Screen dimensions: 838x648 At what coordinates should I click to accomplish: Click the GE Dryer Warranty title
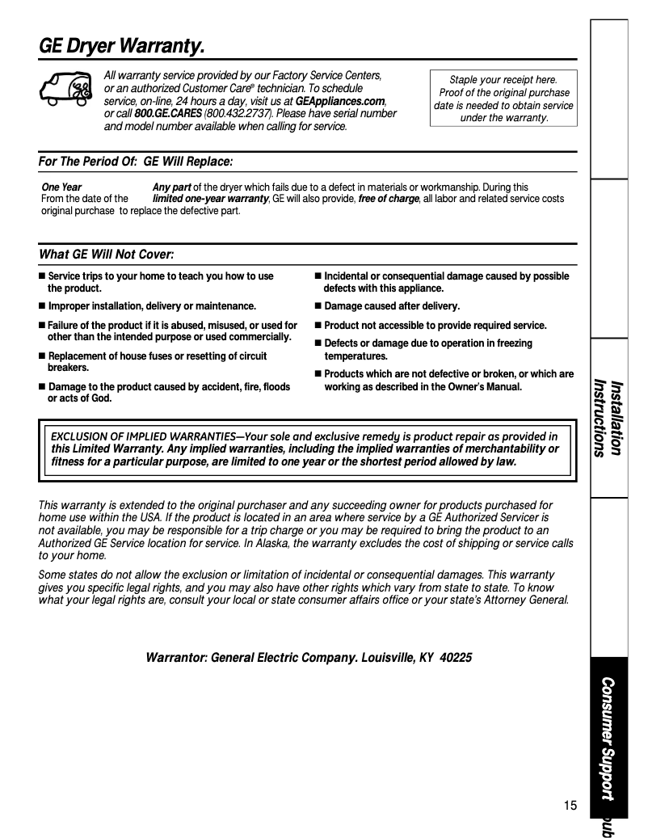tap(121, 48)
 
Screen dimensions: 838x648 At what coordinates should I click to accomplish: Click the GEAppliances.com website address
tap(340, 101)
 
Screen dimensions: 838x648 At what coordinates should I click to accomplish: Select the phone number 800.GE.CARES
tap(168, 114)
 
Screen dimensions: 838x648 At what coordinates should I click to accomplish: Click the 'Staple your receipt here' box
tap(503, 99)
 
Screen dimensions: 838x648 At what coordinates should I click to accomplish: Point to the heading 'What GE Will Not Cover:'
tap(107, 255)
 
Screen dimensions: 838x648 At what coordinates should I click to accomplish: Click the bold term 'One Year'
tap(61, 187)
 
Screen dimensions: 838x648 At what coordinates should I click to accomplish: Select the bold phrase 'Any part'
tap(171, 187)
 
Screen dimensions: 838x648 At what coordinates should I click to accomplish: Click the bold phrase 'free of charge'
tap(388, 199)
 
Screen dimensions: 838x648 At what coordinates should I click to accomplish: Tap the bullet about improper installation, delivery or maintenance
tap(151, 306)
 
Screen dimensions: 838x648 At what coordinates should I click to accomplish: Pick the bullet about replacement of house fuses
tap(157, 361)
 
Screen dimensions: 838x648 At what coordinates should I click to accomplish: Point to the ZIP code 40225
tap(457, 658)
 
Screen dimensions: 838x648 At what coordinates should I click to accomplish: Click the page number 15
tap(570, 805)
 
